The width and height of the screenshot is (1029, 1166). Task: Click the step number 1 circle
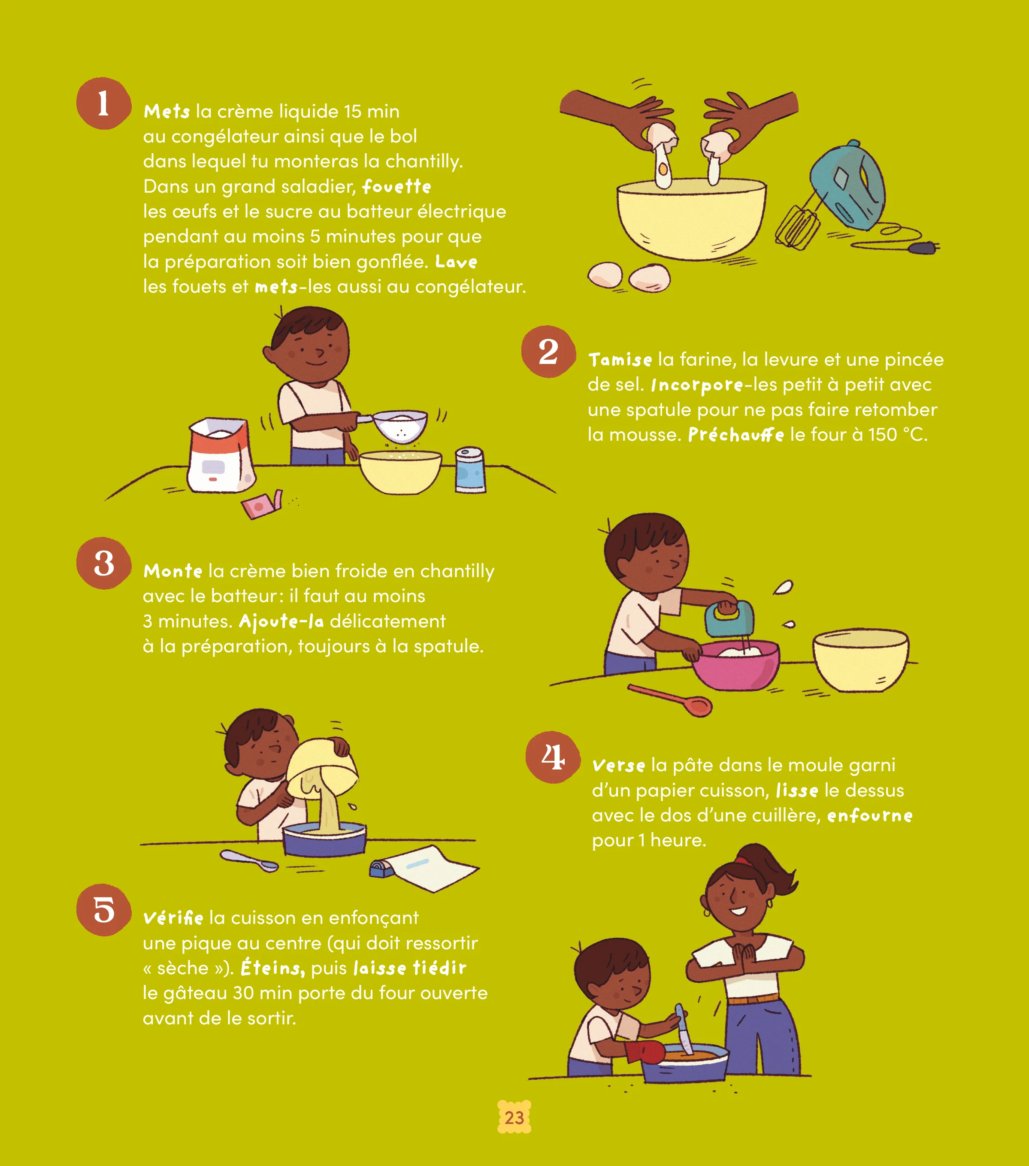tap(103, 103)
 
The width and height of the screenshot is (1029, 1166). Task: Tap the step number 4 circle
tap(553, 757)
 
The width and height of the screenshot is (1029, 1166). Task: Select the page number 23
tap(514, 1117)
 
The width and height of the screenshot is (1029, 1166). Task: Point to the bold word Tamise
tap(620, 359)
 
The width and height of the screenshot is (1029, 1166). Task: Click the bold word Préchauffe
tap(736, 435)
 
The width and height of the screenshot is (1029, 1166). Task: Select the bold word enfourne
tap(869, 816)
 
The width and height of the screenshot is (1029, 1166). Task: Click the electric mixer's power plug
tap(924, 248)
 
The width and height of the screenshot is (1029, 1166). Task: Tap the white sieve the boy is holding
tap(397, 424)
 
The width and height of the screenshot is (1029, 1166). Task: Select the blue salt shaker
tap(470, 469)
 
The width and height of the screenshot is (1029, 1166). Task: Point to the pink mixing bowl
tap(736, 665)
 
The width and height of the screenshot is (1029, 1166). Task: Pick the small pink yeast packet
tap(261, 503)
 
